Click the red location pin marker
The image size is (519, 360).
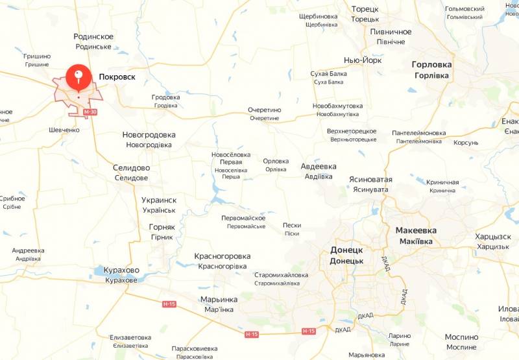pyautogui.click(x=78, y=77)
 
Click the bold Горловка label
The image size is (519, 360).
pyautogui.click(x=431, y=64)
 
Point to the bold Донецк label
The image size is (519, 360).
pyautogui.click(x=346, y=250)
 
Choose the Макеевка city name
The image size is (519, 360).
pyautogui.click(x=416, y=230)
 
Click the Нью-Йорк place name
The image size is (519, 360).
pyautogui.click(x=363, y=60)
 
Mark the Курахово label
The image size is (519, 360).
pyautogui.click(x=121, y=270)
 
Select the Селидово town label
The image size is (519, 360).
pyautogui.click(x=131, y=167)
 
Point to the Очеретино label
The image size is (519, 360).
pyautogui.click(x=264, y=110)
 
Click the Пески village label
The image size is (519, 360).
pyautogui.click(x=292, y=225)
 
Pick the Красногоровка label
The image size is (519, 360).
pyautogui.click(x=222, y=256)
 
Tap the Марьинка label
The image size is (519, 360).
pyautogui.click(x=219, y=299)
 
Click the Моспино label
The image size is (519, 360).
pyautogui.click(x=461, y=337)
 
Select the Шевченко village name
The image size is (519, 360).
pyautogui.click(x=64, y=130)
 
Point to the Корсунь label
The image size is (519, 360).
pyautogui.click(x=466, y=143)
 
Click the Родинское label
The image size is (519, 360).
pyautogui.click(x=93, y=37)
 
